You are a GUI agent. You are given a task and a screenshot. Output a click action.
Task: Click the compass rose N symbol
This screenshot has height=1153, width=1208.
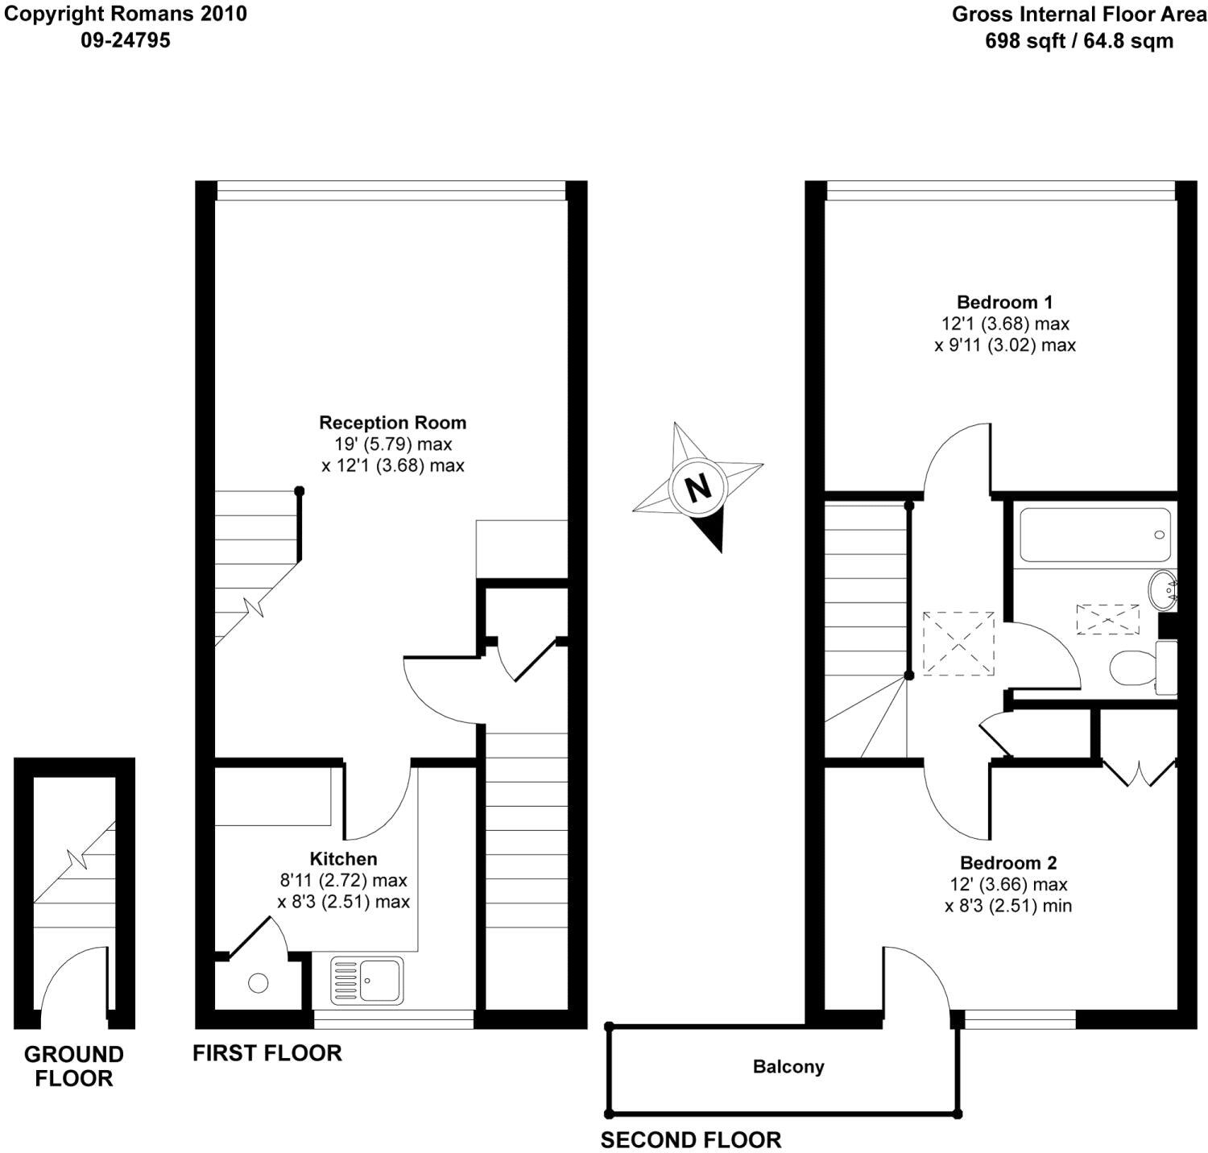pyautogui.click(x=697, y=486)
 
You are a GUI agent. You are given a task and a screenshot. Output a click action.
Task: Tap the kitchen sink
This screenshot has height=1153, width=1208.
pyautogui.click(x=367, y=981)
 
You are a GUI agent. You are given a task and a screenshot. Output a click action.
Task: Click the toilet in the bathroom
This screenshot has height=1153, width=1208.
pyautogui.click(x=1131, y=667)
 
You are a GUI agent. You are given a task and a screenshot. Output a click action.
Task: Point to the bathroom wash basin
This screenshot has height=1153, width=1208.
pyautogui.click(x=1164, y=591)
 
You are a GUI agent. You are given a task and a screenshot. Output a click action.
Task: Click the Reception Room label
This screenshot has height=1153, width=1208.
pyautogui.click(x=392, y=423)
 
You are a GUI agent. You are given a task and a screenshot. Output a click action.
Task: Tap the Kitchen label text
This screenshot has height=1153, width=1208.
pyautogui.click(x=343, y=859)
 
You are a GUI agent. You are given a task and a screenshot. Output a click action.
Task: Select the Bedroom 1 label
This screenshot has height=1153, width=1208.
pyautogui.click(x=1004, y=303)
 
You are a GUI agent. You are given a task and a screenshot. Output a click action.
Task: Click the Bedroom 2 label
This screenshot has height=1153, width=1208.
pyautogui.click(x=1007, y=863)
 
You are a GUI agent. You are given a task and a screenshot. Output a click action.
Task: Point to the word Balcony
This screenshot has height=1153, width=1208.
pyautogui.click(x=788, y=1067)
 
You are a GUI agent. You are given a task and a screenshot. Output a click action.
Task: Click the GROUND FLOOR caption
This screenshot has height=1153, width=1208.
pyautogui.click(x=73, y=1066)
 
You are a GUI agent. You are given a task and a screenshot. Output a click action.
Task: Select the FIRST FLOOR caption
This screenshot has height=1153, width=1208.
pyautogui.click(x=267, y=1052)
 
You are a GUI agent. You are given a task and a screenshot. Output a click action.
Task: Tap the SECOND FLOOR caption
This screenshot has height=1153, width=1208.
pyautogui.click(x=690, y=1140)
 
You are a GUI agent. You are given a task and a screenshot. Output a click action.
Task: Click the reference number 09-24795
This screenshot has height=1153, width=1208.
pyautogui.click(x=126, y=40)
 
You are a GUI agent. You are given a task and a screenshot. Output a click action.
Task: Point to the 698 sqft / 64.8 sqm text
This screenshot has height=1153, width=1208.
pyautogui.click(x=1079, y=41)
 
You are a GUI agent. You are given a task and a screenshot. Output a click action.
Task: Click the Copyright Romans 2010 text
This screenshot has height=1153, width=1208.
pyautogui.click(x=126, y=14)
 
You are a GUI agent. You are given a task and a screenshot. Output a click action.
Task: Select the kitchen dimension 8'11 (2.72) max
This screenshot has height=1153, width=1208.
pyautogui.click(x=343, y=880)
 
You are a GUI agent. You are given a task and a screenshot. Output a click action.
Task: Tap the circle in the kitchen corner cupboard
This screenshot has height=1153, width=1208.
pyautogui.click(x=258, y=982)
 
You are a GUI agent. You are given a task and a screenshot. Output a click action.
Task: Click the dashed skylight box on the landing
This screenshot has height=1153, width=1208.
pyautogui.click(x=958, y=643)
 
